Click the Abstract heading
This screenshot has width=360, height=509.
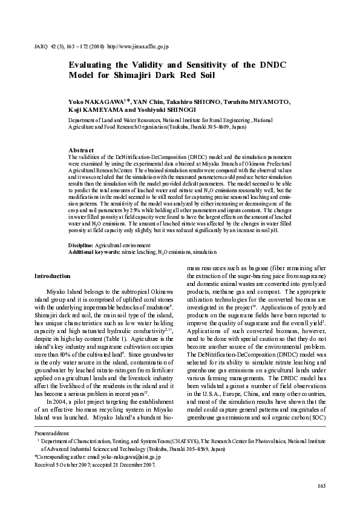pyautogui.click(x=81, y=150)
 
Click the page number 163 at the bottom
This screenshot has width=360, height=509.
pyautogui.click(x=321, y=487)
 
